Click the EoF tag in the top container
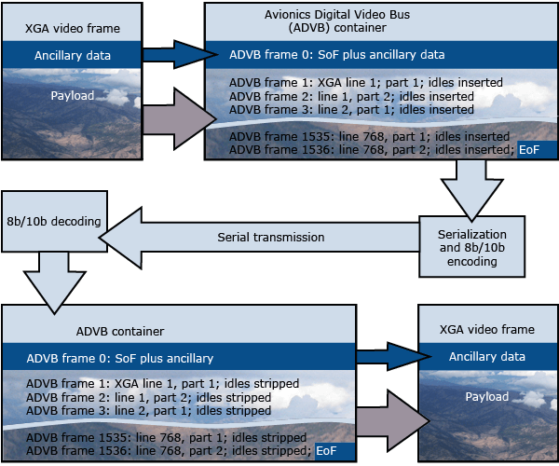[x=529, y=149]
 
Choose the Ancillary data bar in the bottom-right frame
[x=487, y=356]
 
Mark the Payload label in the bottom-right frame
[x=487, y=397]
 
